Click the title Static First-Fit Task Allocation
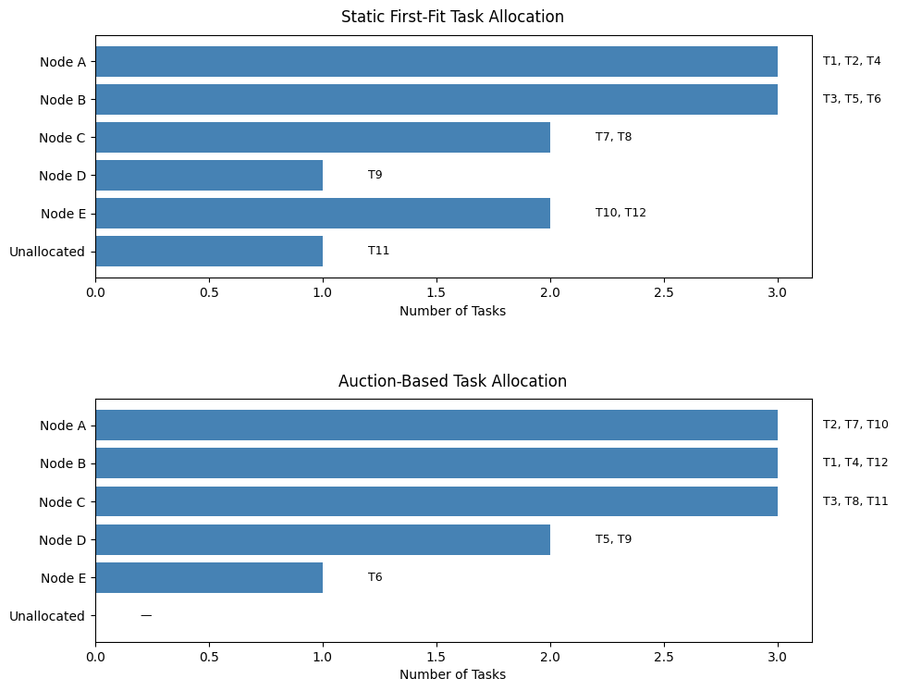pyautogui.click(x=452, y=17)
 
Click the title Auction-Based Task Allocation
pyautogui.click(x=452, y=381)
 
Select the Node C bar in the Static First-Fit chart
pyautogui.click(x=323, y=137)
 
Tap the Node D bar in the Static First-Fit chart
pyautogui.click(x=209, y=175)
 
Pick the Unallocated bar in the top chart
pyautogui.click(x=209, y=251)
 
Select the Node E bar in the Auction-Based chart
pyautogui.click(x=209, y=577)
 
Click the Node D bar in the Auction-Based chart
pyautogui.click(x=323, y=539)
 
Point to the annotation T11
pyautogui.click(x=378, y=251)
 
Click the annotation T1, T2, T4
pyautogui.click(x=852, y=61)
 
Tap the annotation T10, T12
pyautogui.click(x=621, y=213)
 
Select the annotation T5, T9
pyautogui.click(x=613, y=539)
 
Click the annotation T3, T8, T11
pyautogui.click(x=855, y=501)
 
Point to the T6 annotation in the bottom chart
pyautogui.click(x=375, y=577)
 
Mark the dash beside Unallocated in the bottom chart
pyautogui.click(x=146, y=616)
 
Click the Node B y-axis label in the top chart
pyautogui.click(x=63, y=100)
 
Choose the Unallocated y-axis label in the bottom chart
pyautogui.click(x=47, y=616)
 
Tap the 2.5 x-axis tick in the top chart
pyautogui.click(x=664, y=292)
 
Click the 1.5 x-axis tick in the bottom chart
pyautogui.click(x=436, y=656)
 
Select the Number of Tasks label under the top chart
pyautogui.click(x=452, y=311)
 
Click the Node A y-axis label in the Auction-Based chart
pyautogui.click(x=63, y=426)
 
